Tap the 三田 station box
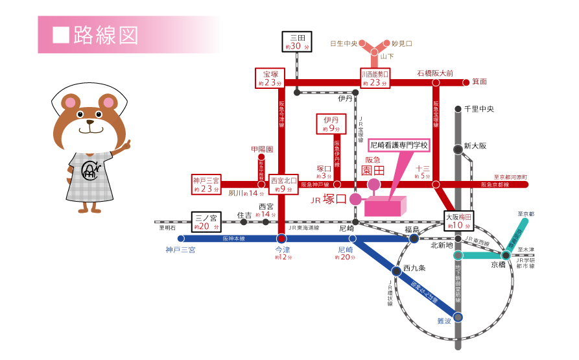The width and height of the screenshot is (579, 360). click(297, 42)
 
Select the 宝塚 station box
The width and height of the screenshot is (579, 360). click(270, 78)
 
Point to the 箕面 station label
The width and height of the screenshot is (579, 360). click(479, 82)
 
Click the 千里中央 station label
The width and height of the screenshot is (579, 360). click(480, 109)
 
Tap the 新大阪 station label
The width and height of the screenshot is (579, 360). click(475, 147)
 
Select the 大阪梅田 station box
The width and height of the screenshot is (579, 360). click(460, 220)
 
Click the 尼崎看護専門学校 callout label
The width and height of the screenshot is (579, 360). click(399, 144)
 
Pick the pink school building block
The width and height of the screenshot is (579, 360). click(384, 206)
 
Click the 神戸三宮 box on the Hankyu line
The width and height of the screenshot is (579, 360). click(207, 184)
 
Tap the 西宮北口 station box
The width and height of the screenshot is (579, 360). click(283, 184)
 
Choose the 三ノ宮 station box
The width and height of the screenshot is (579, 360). click(207, 222)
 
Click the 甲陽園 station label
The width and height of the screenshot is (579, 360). click(261, 149)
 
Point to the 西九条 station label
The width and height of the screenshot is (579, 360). click(414, 267)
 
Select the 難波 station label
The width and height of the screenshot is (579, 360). click(443, 320)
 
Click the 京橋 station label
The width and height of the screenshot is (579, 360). click(498, 264)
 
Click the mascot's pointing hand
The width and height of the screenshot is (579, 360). click(124, 144)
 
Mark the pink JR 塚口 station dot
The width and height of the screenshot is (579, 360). click(355, 199)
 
